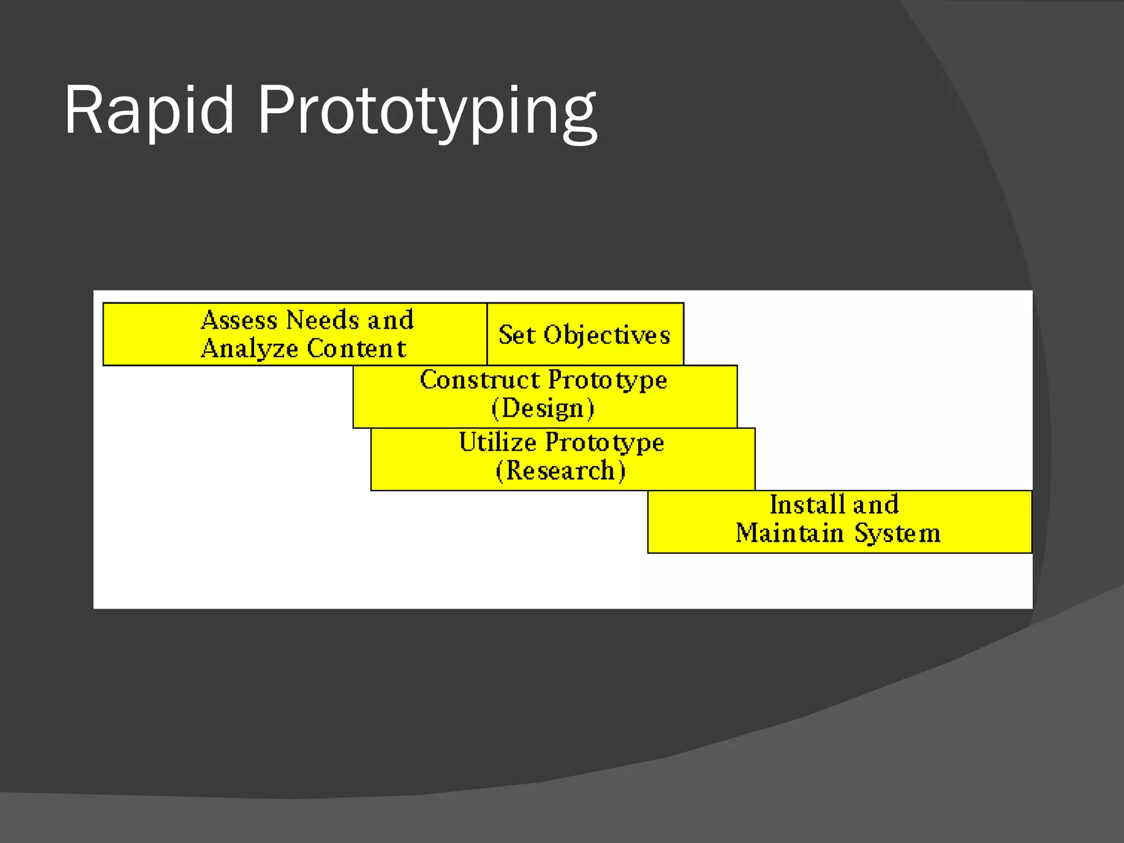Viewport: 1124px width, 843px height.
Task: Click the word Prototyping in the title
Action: click(426, 113)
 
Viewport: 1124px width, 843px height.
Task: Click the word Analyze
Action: click(250, 349)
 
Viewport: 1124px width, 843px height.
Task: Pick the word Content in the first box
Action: click(356, 349)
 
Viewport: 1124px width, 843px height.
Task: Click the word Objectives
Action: click(607, 335)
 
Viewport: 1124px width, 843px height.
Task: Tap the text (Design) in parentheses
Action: click(543, 409)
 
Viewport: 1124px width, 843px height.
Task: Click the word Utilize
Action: click(498, 442)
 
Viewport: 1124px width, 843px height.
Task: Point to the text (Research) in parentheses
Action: click(560, 471)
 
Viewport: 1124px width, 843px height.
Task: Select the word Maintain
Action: click(789, 533)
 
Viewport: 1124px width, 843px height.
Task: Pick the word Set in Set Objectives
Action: click(516, 335)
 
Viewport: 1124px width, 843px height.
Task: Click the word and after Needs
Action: click(391, 320)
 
